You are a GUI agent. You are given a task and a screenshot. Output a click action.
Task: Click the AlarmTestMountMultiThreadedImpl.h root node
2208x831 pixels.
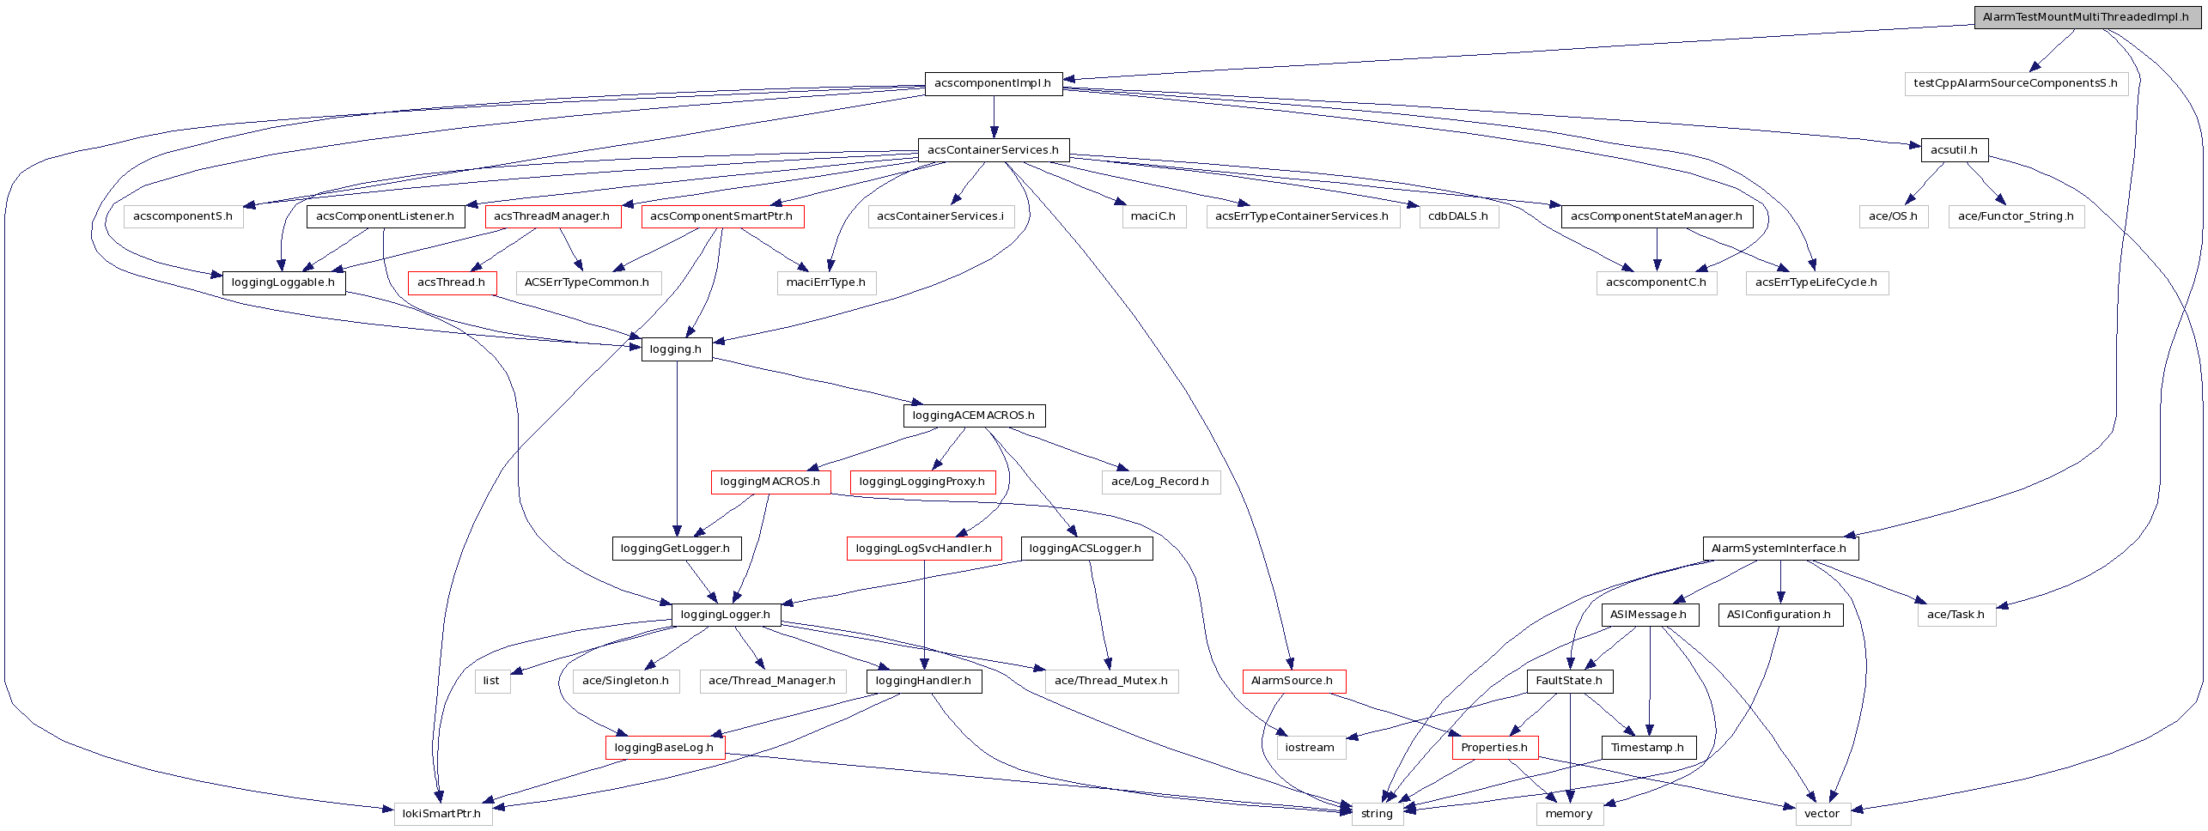coord(2085,17)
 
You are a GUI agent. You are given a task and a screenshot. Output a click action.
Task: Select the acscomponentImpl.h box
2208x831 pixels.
coord(993,83)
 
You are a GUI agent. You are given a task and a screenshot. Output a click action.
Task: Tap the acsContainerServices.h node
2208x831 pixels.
coord(993,150)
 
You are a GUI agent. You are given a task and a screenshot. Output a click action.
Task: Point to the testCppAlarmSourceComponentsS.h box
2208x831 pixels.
coord(2016,83)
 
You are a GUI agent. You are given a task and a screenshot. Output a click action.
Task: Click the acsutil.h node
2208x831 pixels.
coord(1954,150)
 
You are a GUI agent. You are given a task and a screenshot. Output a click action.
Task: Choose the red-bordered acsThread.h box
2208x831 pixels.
coord(452,282)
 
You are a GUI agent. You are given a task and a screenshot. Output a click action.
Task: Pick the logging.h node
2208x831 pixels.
coord(676,349)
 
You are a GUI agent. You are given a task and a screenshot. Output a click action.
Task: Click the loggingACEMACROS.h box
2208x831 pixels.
coord(974,415)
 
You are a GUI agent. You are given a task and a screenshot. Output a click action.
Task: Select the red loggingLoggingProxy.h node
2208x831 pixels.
coord(922,482)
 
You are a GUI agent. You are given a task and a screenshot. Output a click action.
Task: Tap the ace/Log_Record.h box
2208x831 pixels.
coord(1160,482)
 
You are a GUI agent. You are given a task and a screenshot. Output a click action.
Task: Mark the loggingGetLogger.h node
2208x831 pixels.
coord(676,549)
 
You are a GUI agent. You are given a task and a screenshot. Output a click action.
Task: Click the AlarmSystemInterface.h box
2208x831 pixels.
coord(1779,549)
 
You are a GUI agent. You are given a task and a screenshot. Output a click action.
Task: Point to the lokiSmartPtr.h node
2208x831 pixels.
coord(442,814)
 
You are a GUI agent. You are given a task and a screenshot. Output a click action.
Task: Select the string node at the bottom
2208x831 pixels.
coord(1377,814)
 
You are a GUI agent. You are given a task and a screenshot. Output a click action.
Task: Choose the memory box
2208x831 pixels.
coord(1569,814)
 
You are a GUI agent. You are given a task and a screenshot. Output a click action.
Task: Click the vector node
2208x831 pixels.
coord(1822,814)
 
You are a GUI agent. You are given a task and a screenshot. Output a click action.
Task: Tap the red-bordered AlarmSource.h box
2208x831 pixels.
coord(1293,681)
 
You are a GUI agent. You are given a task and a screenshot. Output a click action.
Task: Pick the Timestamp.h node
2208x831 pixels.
coord(1648,748)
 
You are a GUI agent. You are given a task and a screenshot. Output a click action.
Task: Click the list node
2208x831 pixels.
coord(491,681)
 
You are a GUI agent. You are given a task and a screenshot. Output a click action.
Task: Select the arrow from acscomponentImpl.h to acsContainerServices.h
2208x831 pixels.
coord(994,117)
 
